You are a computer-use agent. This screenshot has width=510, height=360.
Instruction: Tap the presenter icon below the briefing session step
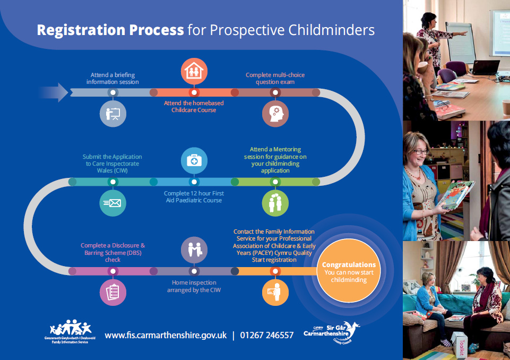113,113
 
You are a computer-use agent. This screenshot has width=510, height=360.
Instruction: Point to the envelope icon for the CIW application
113,202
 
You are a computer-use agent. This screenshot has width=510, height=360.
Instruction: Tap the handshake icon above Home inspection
194,249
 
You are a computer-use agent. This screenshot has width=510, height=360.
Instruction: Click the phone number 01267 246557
266,335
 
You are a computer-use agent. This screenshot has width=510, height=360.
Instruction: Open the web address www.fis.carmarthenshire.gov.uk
166,335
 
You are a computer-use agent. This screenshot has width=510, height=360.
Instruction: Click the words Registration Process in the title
110,30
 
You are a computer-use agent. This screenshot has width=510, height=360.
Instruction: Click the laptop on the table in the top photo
485,67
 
